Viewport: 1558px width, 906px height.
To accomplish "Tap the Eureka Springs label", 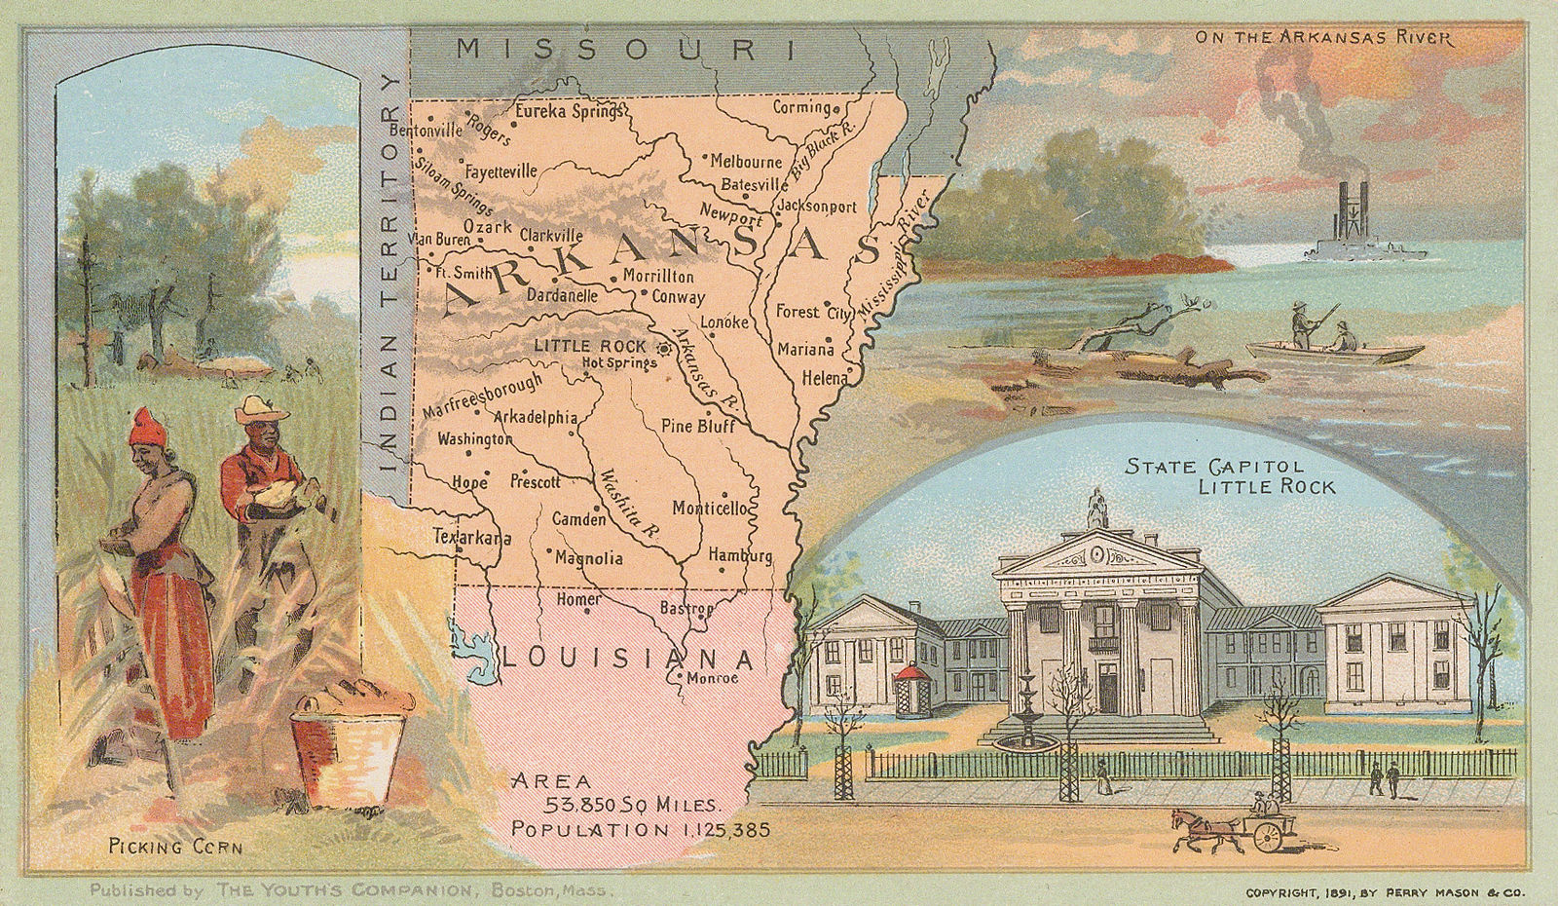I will pos(568,110).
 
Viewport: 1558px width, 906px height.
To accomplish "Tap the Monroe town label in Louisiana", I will pos(712,679).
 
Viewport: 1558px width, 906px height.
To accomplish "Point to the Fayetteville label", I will pos(501,171).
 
